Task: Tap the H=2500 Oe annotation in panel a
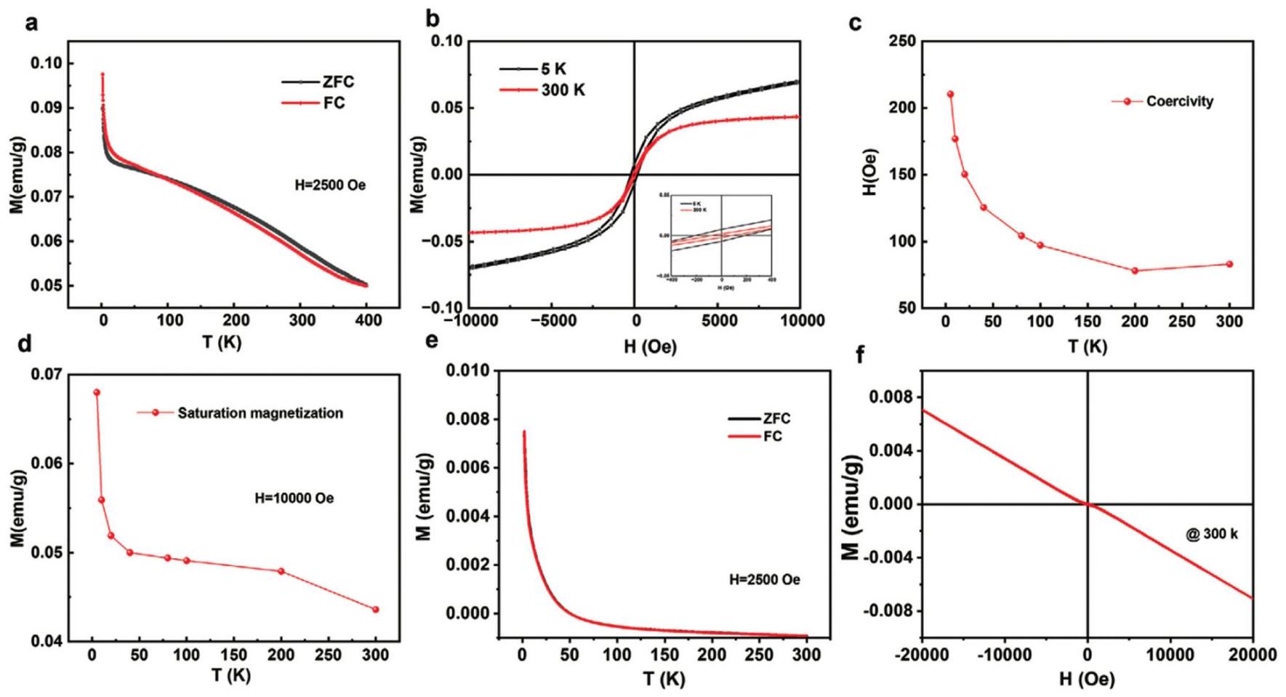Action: [326, 185]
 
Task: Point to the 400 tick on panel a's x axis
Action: [367, 320]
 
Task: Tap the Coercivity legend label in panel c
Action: [1179, 102]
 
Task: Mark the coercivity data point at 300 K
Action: [1229, 264]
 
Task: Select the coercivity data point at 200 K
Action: [1135, 271]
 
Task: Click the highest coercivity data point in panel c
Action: [950, 95]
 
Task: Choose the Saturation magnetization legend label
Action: [260, 413]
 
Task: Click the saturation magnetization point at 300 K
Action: [376, 610]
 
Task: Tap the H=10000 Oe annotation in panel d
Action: [294, 498]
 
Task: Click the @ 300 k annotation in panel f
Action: [1211, 534]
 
